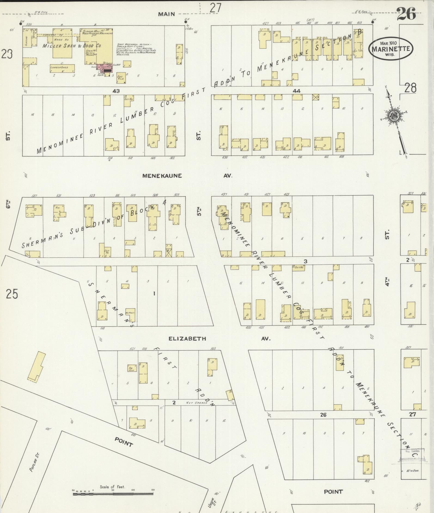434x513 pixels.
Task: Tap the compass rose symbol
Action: (393, 116)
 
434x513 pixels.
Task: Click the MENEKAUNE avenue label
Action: (162, 176)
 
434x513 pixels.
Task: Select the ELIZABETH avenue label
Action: (187, 339)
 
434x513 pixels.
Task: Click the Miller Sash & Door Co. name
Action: (72, 46)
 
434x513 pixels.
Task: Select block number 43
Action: (117, 91)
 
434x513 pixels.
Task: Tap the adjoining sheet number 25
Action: (12, 294)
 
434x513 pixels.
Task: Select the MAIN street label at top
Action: (166, 14)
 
